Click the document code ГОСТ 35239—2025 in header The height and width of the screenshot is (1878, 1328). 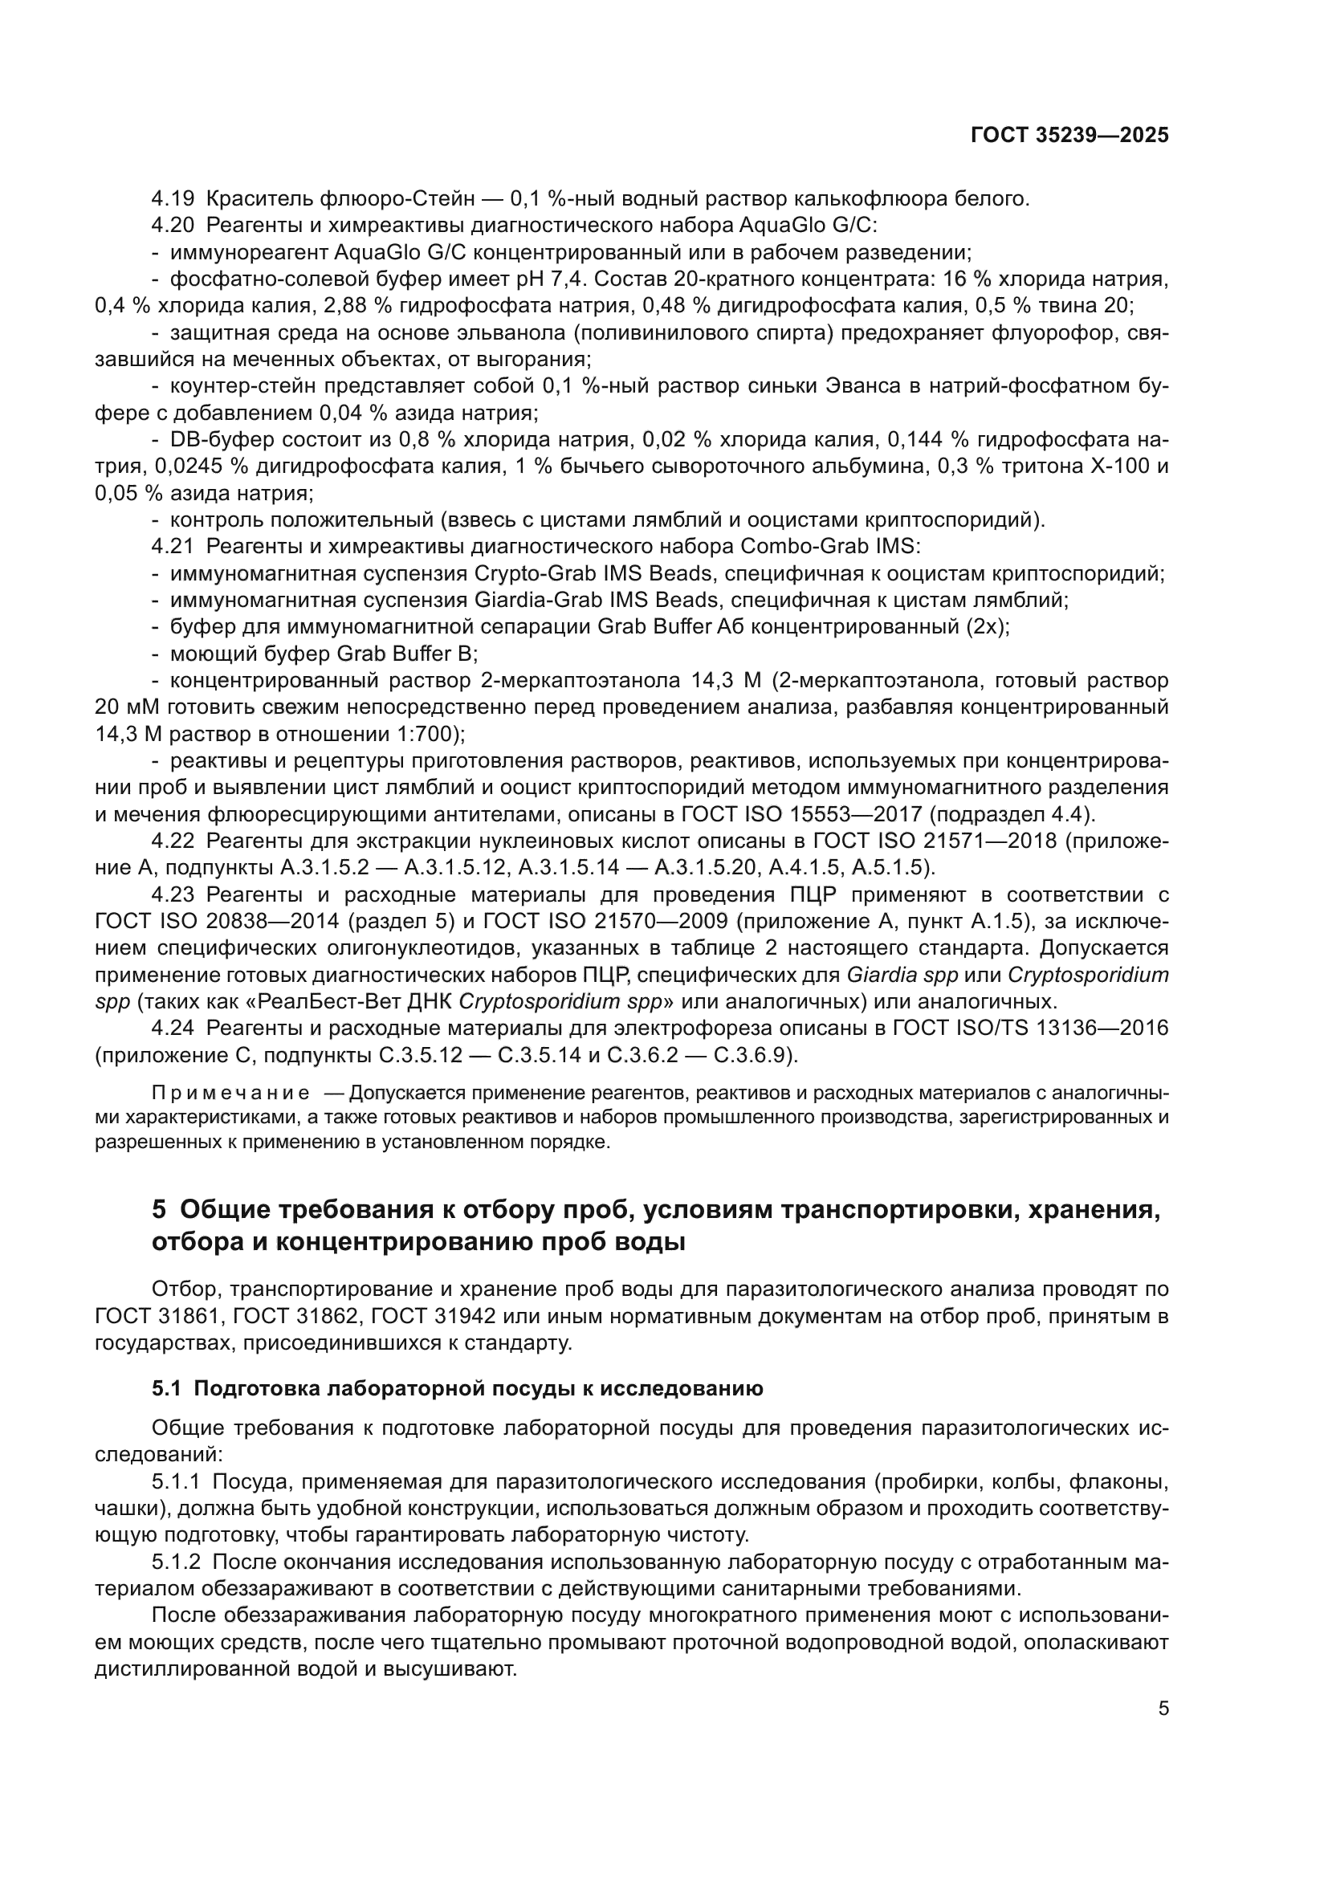click(1069, 136)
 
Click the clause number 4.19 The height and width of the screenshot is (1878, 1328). click(173, 199)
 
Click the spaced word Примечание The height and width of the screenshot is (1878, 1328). click(230, 1094)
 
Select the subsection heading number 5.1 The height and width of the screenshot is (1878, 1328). click(167, 1389)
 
